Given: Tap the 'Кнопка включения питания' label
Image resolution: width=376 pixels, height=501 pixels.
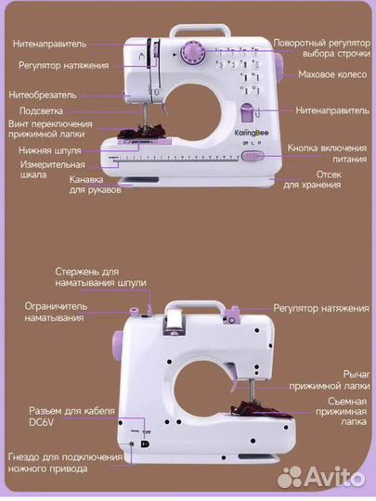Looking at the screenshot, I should [325, 153].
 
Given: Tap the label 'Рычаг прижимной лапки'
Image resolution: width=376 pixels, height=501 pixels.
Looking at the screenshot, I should [331, 374].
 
